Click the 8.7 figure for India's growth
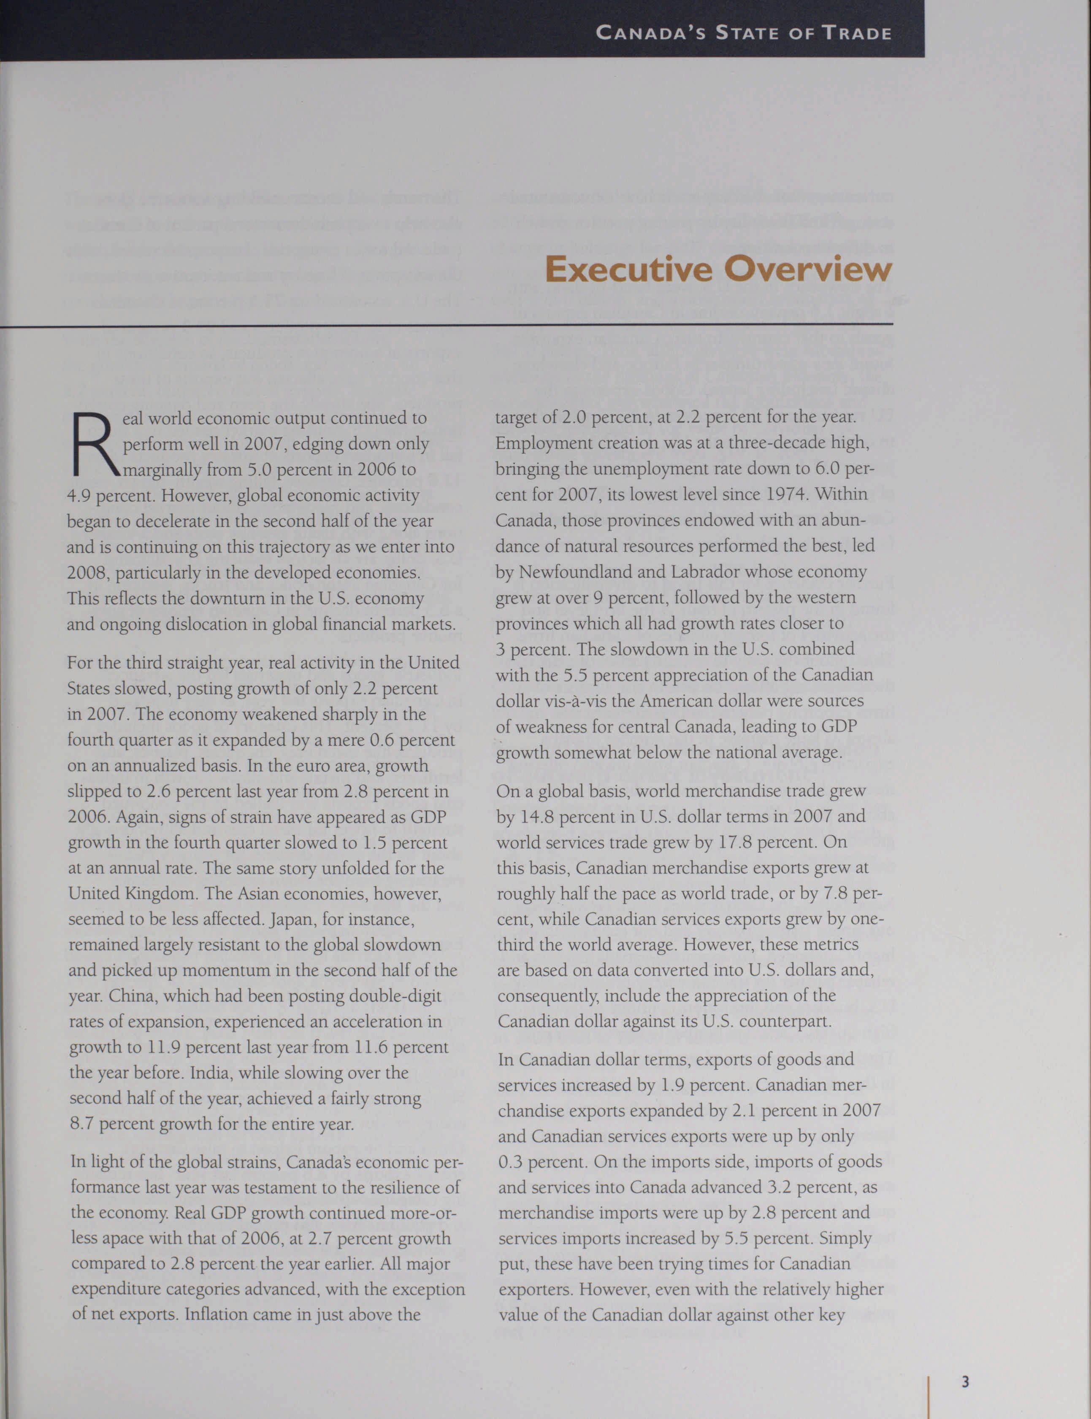click(x=82, y=1124)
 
